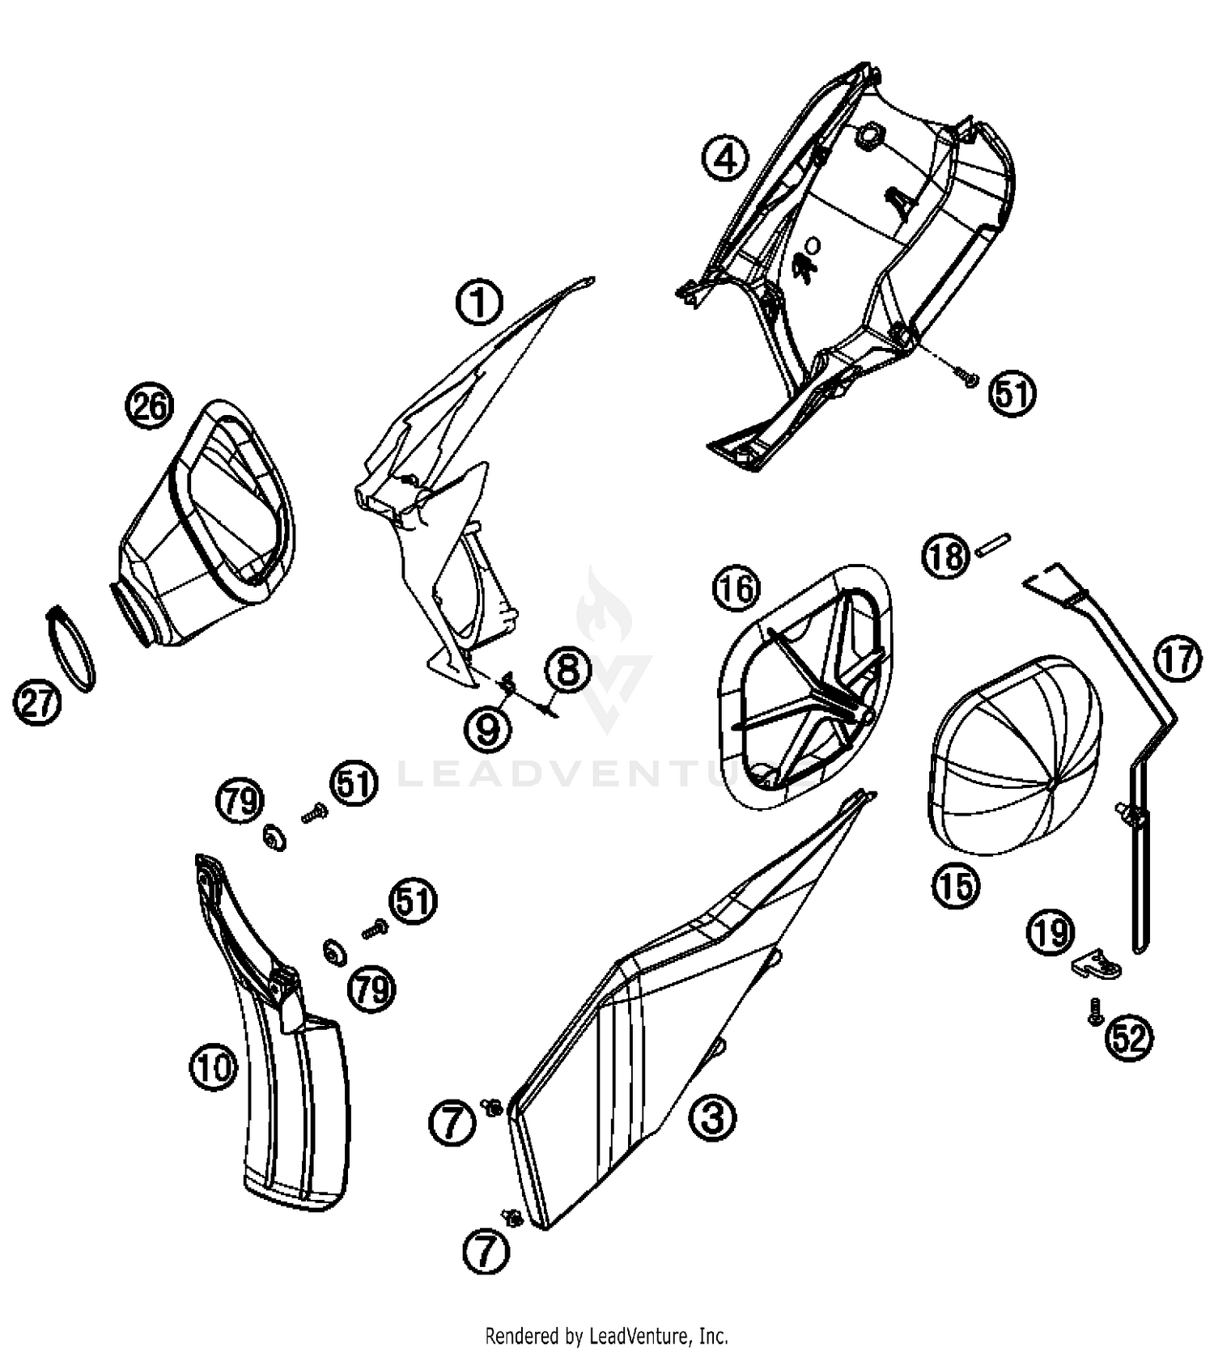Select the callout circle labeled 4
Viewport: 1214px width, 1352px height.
pyautogui.click(x=725, y=158)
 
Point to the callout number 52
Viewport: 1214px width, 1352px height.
pyautogui.click(x=1130, y=1037)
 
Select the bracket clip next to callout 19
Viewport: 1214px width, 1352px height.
pyautogui.click(x=1097, y=963)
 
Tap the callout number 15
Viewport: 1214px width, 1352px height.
pyautogui.click(x=956, y=886)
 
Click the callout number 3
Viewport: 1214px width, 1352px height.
pyautogui.click(x=712, y=1118)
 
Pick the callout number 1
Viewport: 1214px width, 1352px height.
pyautogui.click(x=479, y=303)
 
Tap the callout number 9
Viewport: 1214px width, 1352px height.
pyautogui.click(x=488, y=731)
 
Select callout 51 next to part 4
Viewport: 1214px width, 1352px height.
pyautogui.click(x=1013, y=394)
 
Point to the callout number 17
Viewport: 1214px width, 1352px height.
pyautogui.click(x=1178, y=659)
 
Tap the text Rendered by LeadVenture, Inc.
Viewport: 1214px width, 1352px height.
pyautogui.click(x=606, y=1334)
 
